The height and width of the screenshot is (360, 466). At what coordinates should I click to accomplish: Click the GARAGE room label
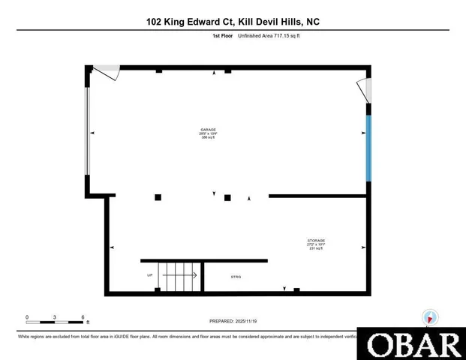tap(208, 129)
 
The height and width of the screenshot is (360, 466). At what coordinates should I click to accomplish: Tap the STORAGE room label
tap(315, 241)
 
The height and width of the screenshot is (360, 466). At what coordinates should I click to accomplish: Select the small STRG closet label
tap(236, 277)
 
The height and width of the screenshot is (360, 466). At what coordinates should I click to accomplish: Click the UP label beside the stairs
tap(150, 275)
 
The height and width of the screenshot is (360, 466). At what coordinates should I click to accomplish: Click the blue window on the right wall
tap(368, 147)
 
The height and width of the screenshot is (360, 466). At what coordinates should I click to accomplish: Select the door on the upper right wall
tap(365, 90)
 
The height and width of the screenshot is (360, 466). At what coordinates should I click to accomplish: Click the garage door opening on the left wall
tap(88, 132)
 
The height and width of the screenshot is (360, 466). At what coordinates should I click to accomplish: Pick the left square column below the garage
tap(158, 197)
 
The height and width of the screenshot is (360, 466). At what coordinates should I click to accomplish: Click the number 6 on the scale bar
tap(83, 317)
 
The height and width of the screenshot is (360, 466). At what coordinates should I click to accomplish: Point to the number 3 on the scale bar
tap(55, 317)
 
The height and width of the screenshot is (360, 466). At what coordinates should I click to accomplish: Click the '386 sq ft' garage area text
tap(208, 138)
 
